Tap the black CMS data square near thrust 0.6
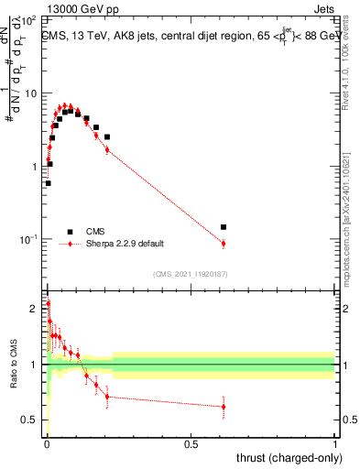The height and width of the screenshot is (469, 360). (224, 226)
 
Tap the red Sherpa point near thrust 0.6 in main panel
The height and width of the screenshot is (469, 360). (224, 243)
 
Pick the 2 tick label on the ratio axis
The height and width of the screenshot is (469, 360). (34, 309)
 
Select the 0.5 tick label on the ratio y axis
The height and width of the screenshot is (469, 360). (30, 420)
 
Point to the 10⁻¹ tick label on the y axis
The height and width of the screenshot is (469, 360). (28, 239)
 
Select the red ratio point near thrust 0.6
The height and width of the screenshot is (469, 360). (224, 407)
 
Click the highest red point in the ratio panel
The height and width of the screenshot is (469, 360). (48, 303)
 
